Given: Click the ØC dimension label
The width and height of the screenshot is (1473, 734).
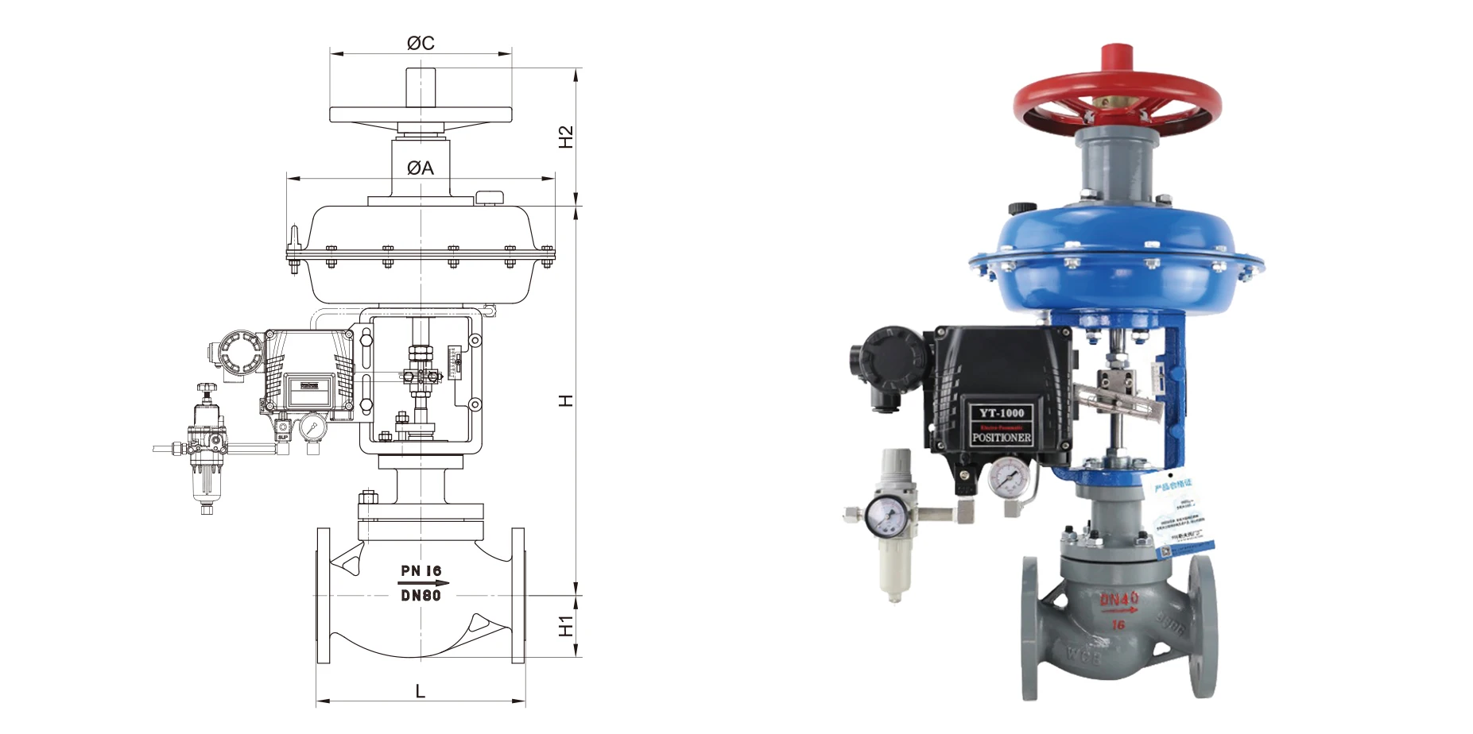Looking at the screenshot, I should pyautogui.click(x=421, y=43).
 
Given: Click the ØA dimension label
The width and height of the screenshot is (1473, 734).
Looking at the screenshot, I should pyautogui.click(x=421, y=168).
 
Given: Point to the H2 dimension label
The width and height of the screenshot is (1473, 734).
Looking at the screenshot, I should pyautogui.click(x=565, y=137).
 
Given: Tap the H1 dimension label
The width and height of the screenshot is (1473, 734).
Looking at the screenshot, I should pyautogui.click(x=565, y=626).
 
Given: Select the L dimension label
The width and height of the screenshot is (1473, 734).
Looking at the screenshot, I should pyautogui.click(x=421, y=691).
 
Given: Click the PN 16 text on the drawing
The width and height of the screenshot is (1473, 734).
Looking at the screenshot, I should pyautogui.click(x=421, y=570).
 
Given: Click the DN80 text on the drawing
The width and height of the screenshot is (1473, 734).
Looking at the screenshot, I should pyautogui.click(x=421, y=595).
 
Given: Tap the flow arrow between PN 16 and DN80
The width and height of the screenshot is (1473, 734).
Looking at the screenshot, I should pyautogui.click(x=422, y=583).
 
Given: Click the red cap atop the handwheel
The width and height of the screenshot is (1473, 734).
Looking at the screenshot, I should pyautogui.click(x=1116, y=59).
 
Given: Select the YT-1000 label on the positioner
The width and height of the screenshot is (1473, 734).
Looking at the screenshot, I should pyautogui.click(x=1002, y=413).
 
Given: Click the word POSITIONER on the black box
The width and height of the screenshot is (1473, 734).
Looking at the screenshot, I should pyautogui.click(x=1002, y=438).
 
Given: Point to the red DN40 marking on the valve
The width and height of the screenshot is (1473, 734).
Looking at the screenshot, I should pyautogui.click(x=1118, y=598).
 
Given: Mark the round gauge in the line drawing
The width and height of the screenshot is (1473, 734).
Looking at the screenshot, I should pyautogui.click(x=312, y=427).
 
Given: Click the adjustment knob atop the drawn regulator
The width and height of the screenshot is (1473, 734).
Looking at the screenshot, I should pyautogui.click(x=207, y=388).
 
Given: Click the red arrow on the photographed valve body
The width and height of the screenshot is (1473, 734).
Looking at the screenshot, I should pyautogui.click(x=1118, y=611).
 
